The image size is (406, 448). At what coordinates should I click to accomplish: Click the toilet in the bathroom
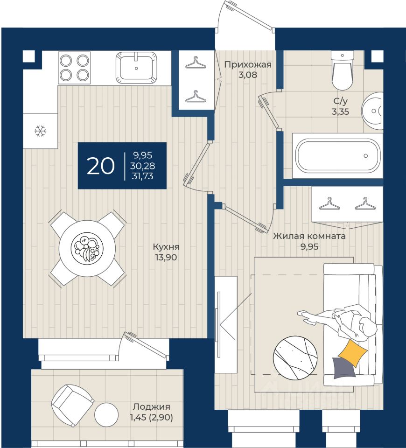[342, 70]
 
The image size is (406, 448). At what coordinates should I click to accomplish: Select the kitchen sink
[136, 68]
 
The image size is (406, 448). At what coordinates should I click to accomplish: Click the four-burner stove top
[74, 68]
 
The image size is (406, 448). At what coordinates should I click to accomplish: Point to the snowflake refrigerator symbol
[40, 131]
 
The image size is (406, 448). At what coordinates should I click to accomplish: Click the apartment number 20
[101, 166]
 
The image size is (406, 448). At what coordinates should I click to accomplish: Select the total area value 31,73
[142, 176]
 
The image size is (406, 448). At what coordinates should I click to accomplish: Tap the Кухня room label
[166, 246]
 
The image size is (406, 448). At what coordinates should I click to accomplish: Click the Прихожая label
[248, 64]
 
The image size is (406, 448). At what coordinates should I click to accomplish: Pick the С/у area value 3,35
[340, 112]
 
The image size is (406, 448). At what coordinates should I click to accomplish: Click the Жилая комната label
[309, 236]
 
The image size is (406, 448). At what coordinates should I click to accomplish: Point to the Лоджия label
[151, 406]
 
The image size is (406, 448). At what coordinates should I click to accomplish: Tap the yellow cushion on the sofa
[353, 353]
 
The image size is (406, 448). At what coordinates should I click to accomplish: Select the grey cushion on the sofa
[344, 368]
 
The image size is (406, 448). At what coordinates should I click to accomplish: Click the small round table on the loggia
[106, 415]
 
